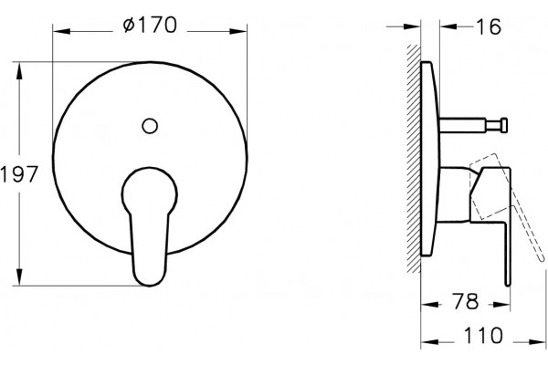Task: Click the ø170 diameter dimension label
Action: click(x=150, y=26)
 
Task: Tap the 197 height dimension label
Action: click(x=19, y=174)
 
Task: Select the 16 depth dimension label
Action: click(x=489, y=26)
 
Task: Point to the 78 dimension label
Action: click(x=466, y=301)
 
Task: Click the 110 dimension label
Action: click(x=483, y=335)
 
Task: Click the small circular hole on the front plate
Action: click(x=150, y=126)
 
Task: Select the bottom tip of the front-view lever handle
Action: click(x=150, y=286)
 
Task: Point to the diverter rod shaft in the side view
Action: click(x=462, y=125)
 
